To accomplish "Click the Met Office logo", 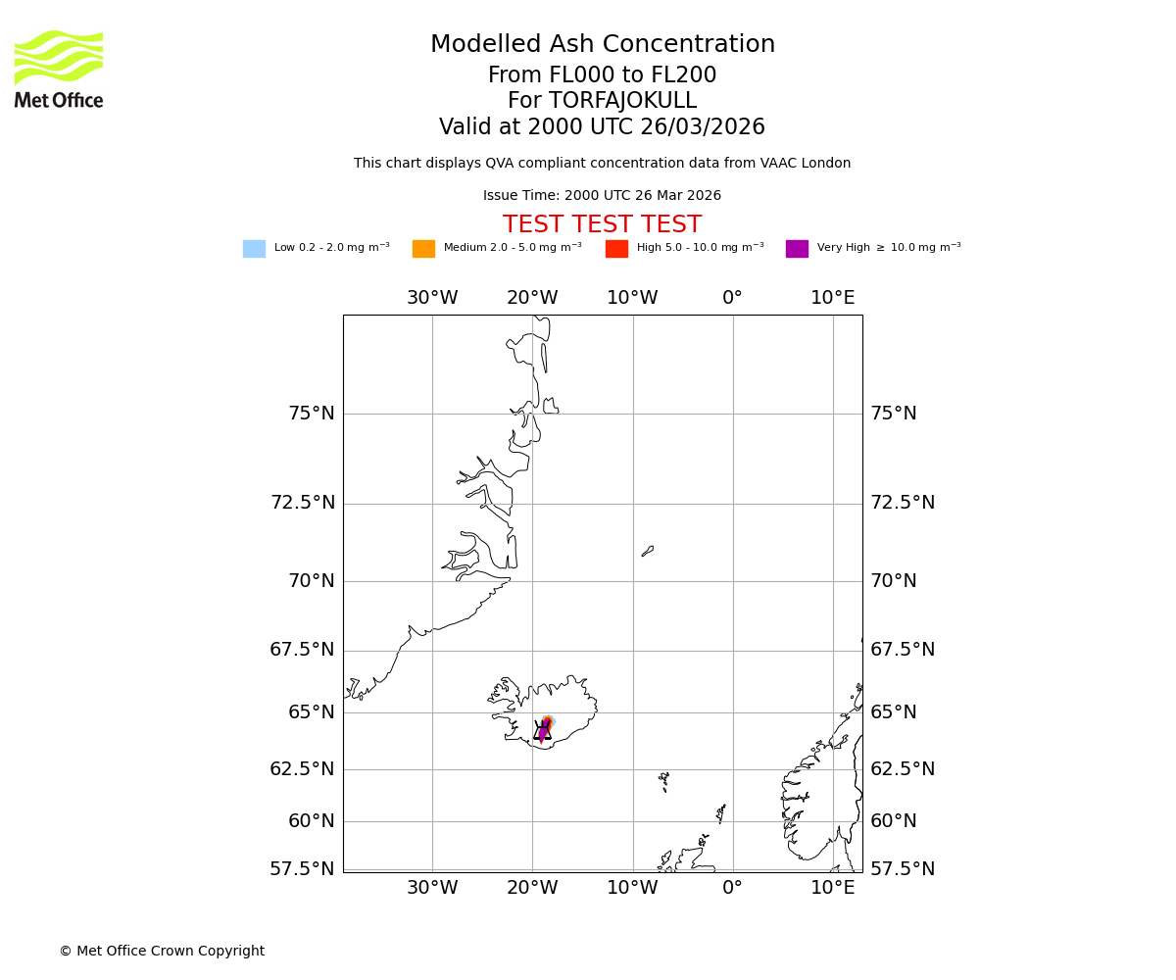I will click(x=59, y=69).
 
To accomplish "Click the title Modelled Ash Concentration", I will click(x=602, y=45).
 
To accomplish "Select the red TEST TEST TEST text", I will click(x=602, y=225).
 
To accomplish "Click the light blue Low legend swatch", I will click(x=254, y=249).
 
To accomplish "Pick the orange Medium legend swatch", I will click(x=423, y=249).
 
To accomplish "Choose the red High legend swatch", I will click(x=616, y=249).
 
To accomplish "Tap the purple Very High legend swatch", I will click(x=797, y=249).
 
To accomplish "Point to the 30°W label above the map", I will click(x=432, y=298).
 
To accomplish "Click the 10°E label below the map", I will click(x=832, y=888).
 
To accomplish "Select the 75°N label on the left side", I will click(x=311, y=414).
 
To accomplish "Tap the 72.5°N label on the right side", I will click(x=903, y=503).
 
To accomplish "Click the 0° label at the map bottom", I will click(x=732, y=888).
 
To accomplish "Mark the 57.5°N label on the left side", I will click(x=302, y=869).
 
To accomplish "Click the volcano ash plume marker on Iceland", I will click(x=544, y=729).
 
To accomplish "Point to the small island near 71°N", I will click(x=647, y=552).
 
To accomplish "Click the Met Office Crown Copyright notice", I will click(x=162, y=952).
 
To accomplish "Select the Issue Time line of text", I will click(x=602, y=196).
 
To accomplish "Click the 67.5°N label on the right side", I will click(x=903, y=650).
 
